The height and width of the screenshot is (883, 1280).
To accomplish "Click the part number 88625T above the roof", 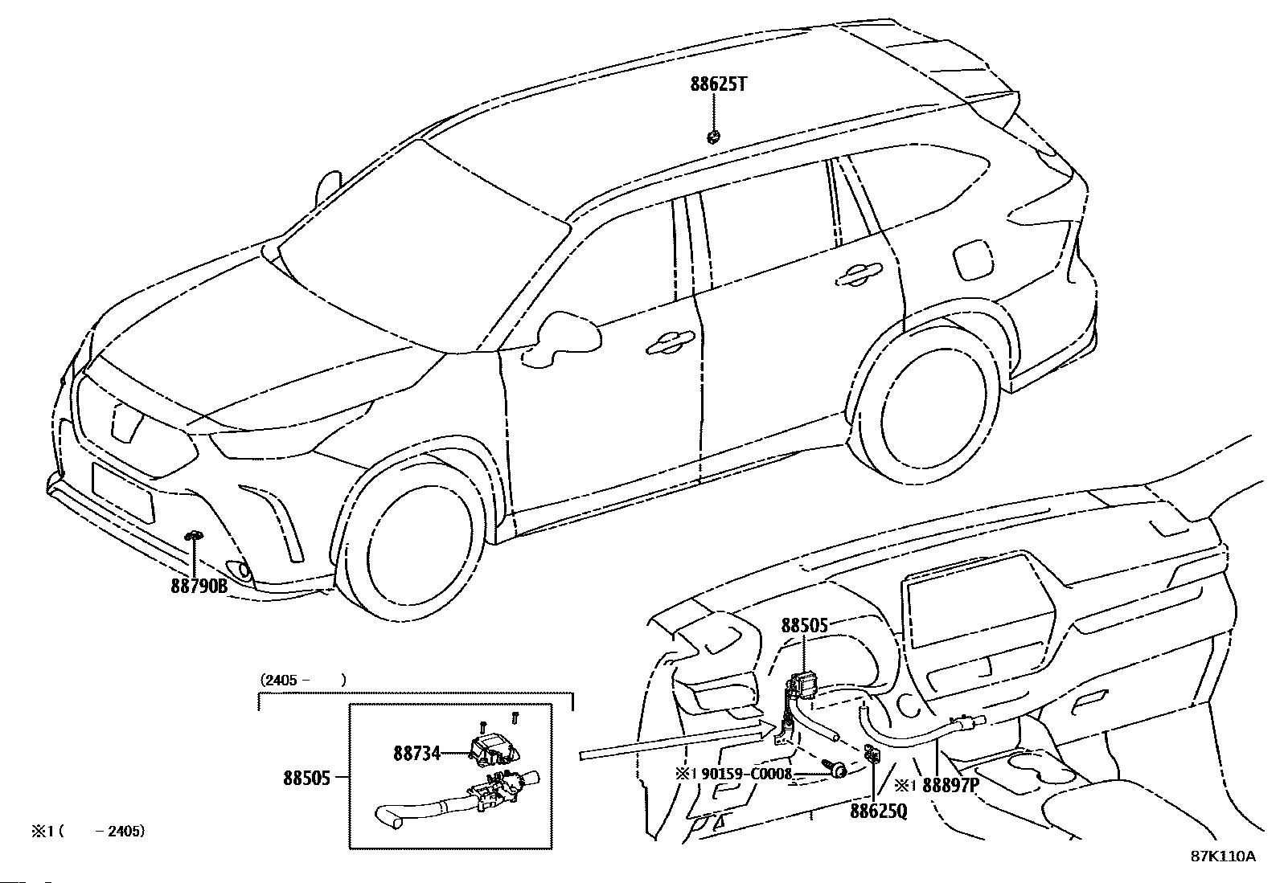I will pos(717,84).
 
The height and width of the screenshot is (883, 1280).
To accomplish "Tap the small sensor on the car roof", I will pos(712,137).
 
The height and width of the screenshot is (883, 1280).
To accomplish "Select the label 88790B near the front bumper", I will pos(199,587).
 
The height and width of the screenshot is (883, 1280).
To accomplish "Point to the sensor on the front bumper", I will pos(194,536).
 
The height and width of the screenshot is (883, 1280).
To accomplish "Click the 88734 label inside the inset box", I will pos(416,753).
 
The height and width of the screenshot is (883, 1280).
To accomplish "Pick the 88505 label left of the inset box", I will pos(306,778).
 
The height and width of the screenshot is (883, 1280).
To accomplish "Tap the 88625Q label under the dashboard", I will pos(878,811).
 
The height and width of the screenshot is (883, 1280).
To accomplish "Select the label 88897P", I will pos(950,785).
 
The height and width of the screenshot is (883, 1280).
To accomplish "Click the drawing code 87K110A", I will pos(1223,856).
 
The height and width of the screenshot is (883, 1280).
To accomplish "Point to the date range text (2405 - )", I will pos(302,680).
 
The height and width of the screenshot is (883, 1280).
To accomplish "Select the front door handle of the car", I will pos(669,342).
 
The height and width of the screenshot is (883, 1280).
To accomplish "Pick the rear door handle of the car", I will pos(857,276).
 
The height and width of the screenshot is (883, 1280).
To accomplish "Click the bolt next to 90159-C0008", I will pos(838,771).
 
